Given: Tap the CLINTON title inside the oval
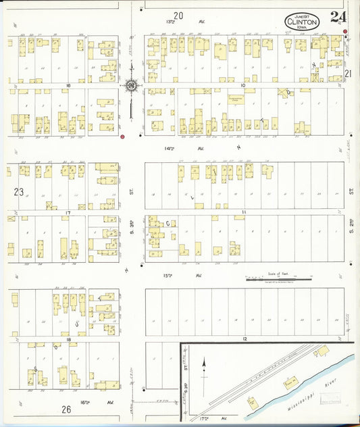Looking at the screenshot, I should tap(302, 23).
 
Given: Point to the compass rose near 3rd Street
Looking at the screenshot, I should tap(131, 86).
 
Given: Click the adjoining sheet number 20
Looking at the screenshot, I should tap(178, 15).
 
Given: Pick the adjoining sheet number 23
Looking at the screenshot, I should tap(18, 192).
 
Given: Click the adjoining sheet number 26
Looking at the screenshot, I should tap(66, 409).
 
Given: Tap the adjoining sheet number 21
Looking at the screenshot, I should tap(349, 73).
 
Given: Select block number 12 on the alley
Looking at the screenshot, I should tap(246, 338).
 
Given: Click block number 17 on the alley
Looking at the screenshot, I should tap(68, 213).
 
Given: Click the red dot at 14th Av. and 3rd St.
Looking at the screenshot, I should tap(122, 137).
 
